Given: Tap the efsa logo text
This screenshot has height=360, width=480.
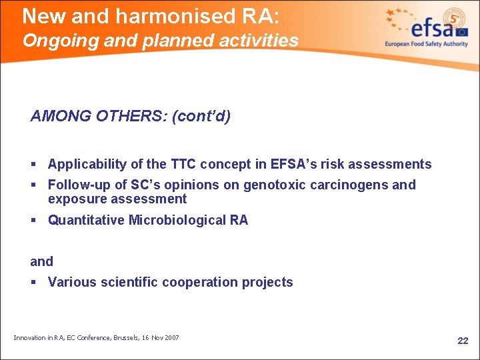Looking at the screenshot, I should pyautogui.click(x=433, y=28).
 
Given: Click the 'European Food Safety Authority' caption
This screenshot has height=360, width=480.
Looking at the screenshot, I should pyautogui.click(x=426, y=44).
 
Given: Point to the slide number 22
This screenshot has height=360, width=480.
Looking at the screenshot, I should pyautogui.click(x=463, y=341).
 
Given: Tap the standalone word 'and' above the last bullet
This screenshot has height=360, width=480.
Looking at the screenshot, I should pyautogui.click(x=42, y=261).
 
